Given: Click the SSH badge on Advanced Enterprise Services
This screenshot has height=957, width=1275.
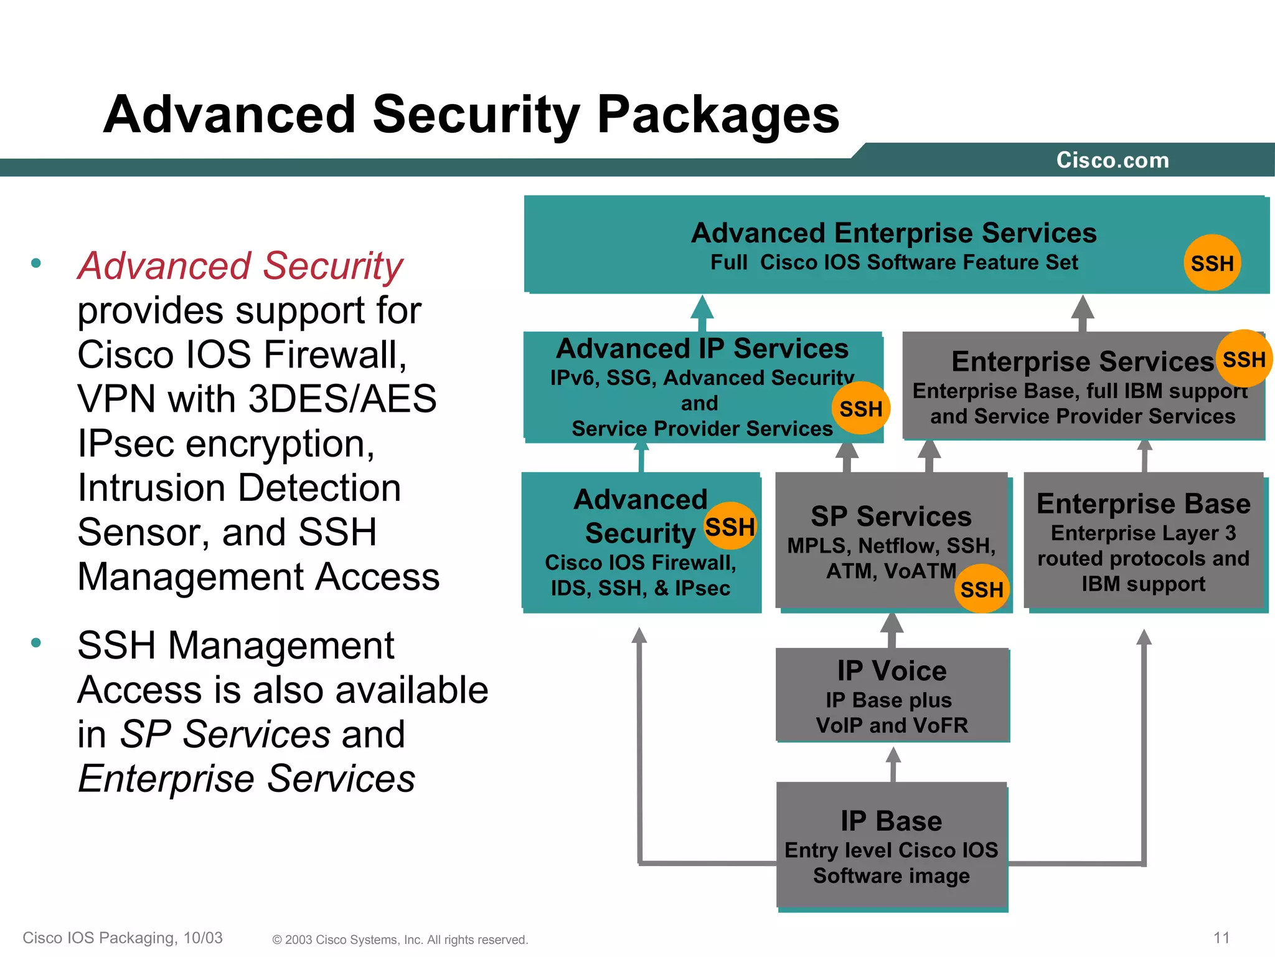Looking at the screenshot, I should (1211, 263).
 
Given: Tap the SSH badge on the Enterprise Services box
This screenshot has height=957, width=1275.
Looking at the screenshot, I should (1243, 359).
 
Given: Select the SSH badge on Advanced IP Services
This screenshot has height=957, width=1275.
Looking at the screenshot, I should (860, 409).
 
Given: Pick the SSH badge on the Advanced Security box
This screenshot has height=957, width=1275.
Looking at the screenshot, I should (729, 526).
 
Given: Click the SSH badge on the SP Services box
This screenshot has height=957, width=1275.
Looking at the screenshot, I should (981, 589).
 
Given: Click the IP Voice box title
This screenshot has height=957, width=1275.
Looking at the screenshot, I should (892, 671).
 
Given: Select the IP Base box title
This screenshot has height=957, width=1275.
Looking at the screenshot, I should (891, 821).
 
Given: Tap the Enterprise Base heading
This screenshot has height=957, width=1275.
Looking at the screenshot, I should (1143, 503).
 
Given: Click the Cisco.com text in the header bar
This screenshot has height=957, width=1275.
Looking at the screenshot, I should (1113, 160).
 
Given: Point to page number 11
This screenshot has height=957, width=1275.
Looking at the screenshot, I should (1221, 938).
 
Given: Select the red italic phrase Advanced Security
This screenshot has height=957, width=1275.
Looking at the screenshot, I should (240, 265).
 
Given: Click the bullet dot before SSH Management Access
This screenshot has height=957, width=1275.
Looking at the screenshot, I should (36, 642).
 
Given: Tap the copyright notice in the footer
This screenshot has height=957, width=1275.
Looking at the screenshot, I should (400, 940).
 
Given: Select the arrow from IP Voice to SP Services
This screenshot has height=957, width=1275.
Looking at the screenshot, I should (892, 629).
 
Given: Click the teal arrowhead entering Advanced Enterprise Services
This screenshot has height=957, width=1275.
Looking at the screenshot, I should (702, 309).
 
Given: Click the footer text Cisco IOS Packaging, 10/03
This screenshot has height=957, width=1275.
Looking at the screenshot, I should (123, 938).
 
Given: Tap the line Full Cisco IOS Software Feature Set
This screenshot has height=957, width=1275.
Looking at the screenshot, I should (894, 262).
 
